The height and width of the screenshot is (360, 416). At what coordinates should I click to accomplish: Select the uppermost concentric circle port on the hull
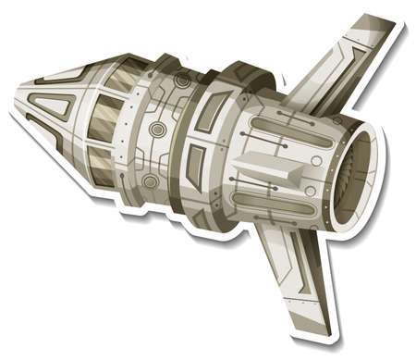tap(182, 81)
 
